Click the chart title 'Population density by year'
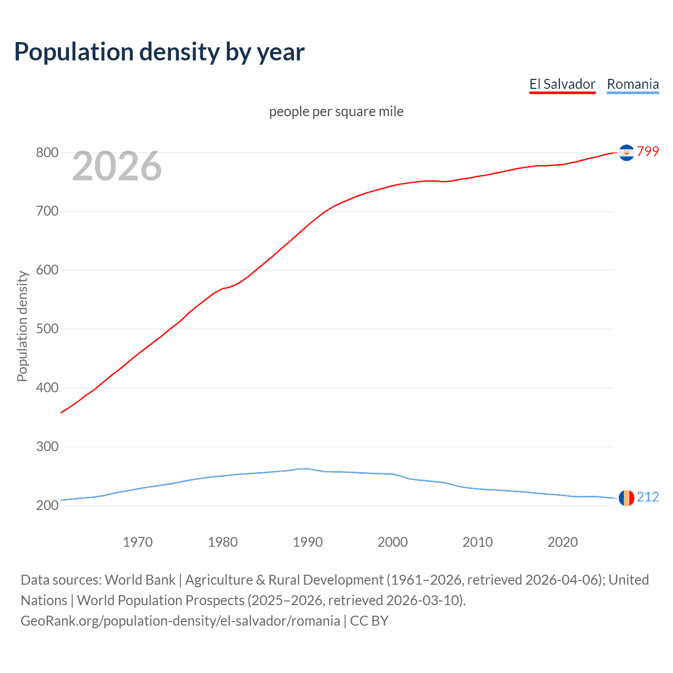point(159,52)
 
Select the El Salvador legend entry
point(562,84)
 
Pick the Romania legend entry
point(633,84)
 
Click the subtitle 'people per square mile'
point(336,111)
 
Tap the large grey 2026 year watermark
point(117,166)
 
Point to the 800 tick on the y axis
point(47,152)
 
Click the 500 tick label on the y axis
point(47,329)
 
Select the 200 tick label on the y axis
point(47,506)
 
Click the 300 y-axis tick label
point(47,447)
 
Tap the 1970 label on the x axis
point(138,542)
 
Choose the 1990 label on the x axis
point(308,542)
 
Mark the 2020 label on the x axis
point(563,542)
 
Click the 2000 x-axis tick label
point(393,542)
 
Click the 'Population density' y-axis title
point(22,326)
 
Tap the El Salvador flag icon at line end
point(626,152)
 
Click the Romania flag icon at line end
point(626,497)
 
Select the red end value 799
point(648,151)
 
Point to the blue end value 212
point(648,497)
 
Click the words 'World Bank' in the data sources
point(140,580)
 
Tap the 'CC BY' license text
point(369,621)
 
